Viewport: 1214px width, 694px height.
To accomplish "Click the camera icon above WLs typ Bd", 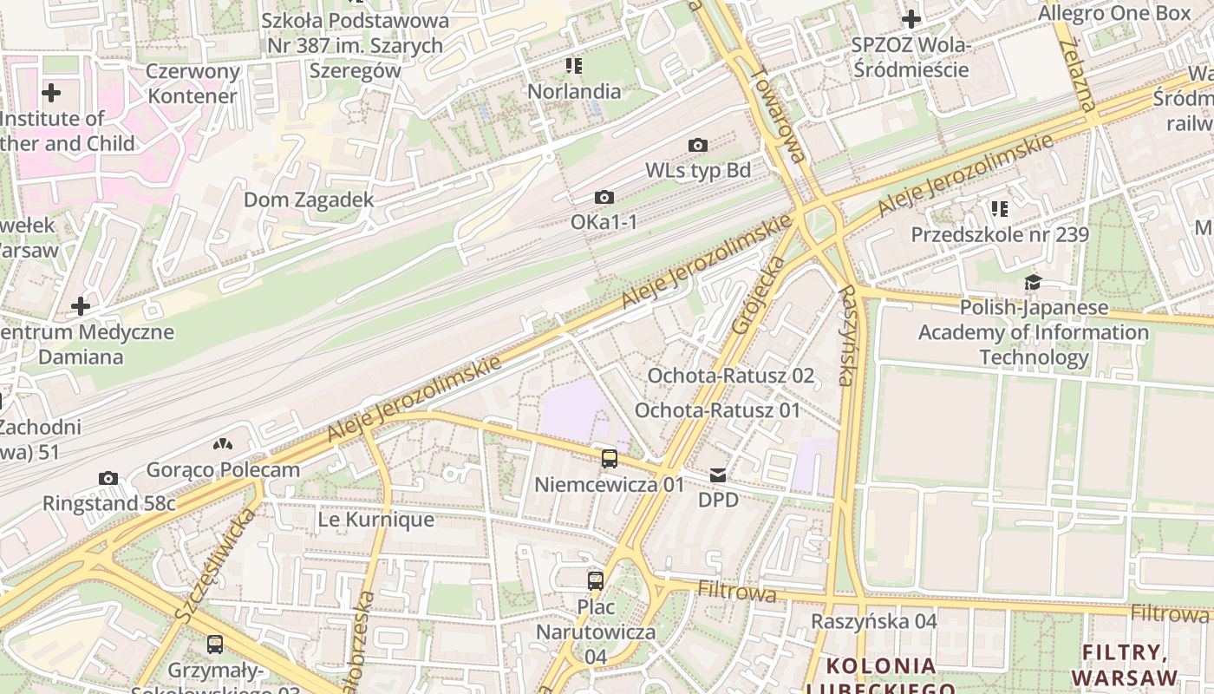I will (x=697, y=145).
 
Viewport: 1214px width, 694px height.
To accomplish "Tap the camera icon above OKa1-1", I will (x=604, y=198).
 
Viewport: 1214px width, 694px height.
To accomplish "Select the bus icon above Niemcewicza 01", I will (x=610, y=458).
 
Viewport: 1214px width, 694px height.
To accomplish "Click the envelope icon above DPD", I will (x=718, y=475).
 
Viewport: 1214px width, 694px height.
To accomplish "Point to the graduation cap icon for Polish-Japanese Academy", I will (x=1033, y=282).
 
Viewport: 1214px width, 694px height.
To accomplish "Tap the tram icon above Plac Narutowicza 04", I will (x=595, y=580).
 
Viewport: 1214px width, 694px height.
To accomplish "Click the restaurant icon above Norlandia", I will (x=573, y=65).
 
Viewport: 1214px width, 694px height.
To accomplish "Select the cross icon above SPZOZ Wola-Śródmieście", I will (x=910, y=18).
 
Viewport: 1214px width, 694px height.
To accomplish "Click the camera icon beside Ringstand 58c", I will (x=108, y=478).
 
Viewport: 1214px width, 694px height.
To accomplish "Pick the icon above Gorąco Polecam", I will (x=223, y=444).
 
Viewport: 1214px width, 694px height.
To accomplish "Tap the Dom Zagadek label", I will (x=309, y=200).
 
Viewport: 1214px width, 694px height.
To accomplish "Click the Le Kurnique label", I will (x=375, y=520).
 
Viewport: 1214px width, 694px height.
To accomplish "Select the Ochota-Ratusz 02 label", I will (x=731, y=376).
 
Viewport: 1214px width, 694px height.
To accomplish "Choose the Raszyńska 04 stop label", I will (x=873, y=621).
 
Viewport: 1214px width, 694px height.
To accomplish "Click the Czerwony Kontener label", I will (x=193, y=83).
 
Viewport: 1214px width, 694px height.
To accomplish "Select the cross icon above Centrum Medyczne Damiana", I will (x=81, y=306).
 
